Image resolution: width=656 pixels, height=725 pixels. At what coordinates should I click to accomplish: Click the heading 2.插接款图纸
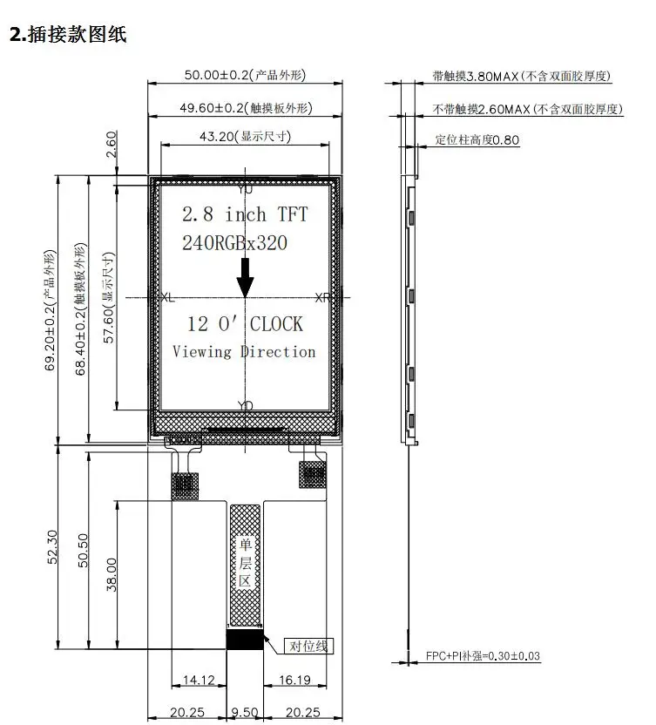click(x=68, y=34)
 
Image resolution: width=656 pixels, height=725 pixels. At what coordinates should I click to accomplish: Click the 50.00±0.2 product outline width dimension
click(x=245, y=75)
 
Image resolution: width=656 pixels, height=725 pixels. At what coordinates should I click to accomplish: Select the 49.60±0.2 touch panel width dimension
click(x=246, y=108)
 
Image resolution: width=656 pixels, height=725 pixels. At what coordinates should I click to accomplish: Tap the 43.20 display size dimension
click(x=245, y=137)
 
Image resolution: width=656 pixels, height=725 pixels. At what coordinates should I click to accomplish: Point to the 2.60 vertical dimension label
click(x=112, y=145)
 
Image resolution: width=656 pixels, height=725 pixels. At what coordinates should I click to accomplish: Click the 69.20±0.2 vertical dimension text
click(x=50, y=310)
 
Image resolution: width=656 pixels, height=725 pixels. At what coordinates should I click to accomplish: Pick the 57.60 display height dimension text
click(x=108, y=298)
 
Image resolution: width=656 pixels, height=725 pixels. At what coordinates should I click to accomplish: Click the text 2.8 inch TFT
click(x=245, y=214)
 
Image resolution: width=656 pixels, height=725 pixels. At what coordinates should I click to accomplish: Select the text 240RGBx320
click(x=234, y=243)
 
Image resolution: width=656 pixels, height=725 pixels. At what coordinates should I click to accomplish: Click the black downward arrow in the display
click(x=245, y=277)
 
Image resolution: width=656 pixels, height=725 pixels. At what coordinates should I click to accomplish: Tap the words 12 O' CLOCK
click(x=245, y=323)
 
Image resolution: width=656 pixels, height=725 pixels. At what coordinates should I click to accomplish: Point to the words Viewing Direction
click(x=244, y=351)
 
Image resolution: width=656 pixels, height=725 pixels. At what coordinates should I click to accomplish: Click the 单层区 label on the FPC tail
click(x=245, y=562)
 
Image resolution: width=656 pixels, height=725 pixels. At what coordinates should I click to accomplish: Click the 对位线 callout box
click(x=308, y=646)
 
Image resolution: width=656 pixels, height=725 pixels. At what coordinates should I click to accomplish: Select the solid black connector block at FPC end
click(x=245, y=639)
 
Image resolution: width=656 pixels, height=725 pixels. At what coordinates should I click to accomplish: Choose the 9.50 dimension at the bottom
click(x=245, y=713)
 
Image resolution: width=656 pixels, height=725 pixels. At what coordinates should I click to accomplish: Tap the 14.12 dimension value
click(x=199, y=680)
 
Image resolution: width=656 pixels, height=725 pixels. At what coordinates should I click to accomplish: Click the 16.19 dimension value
click(x=295, y=680)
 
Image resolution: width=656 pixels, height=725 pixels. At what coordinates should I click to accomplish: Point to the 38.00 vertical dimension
click(x=112, y=575)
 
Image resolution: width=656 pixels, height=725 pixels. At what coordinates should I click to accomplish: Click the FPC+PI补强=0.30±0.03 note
click(x=483, y=655)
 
